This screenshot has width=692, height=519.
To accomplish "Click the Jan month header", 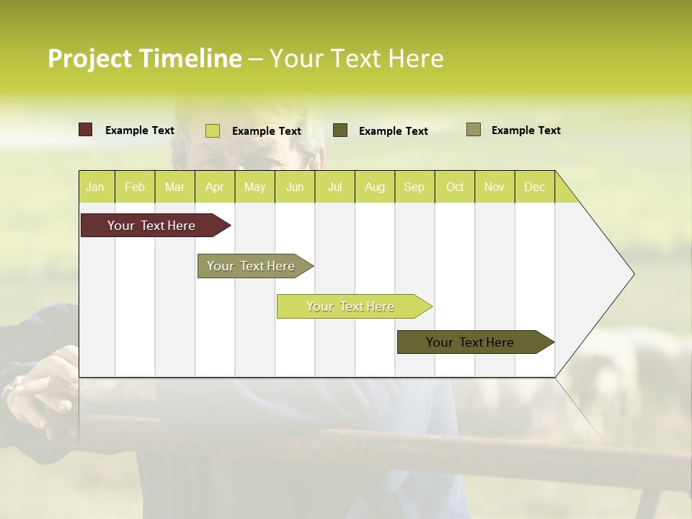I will (95, 187).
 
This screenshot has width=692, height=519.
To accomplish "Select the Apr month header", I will (214, 187).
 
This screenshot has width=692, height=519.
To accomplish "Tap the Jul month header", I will (334, 187).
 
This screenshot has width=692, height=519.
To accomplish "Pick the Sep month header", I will (414, 187).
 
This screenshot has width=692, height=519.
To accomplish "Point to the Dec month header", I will (534, 187).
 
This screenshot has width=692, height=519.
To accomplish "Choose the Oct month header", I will (455, 187).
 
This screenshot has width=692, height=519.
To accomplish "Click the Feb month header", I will (135, 187).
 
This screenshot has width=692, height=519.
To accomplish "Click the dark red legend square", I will (86, 130).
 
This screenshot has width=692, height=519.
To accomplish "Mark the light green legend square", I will (213, 130).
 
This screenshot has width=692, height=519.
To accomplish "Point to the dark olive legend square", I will (340, 130).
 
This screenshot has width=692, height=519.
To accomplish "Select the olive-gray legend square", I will (474, 130).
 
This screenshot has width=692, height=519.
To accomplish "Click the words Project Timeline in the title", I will (145, 58).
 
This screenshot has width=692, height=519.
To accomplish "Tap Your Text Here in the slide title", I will (356, 58).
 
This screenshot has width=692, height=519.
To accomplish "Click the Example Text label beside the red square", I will (140, 130).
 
